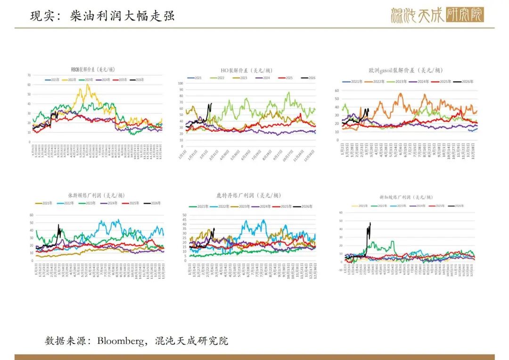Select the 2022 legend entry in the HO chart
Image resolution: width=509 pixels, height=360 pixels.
coord(217,77)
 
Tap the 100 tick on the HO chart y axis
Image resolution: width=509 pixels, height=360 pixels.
coord(181,83)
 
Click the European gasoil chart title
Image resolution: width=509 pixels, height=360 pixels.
coord(406,70)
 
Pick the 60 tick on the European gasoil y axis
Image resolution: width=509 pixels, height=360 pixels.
coord(337,90)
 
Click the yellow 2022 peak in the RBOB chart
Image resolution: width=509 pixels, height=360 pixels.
coord(88,85)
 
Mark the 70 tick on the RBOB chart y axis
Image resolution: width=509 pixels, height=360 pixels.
coord(29,75)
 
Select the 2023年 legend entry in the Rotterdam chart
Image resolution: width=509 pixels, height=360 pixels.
coord(242,206)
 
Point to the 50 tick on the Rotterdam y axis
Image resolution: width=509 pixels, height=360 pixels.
coord(184,215)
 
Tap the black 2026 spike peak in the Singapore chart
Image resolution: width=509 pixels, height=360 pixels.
coord(370,223)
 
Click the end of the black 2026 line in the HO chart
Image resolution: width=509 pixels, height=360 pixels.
coord(211,103)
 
